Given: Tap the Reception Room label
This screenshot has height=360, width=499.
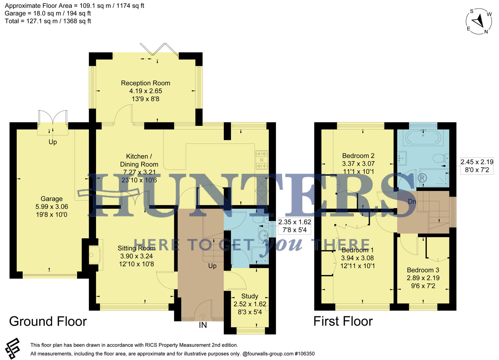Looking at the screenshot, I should (146, 83).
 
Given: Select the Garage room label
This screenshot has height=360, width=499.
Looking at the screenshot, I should (52, 199).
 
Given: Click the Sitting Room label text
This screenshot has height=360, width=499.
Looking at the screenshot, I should (136, 248).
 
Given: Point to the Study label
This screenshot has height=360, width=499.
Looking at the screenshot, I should (249, 296).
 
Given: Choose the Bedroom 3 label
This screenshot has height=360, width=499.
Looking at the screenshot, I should (423, 270).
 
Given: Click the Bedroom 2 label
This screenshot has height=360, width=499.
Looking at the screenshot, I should (358, 156).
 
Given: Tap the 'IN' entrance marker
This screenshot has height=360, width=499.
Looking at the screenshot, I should (203, 325).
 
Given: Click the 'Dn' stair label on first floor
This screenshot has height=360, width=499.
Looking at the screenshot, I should (412, 202).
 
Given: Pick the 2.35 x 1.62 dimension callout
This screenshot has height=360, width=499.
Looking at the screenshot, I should (294, 226).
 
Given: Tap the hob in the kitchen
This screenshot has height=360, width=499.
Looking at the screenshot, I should (261, 160).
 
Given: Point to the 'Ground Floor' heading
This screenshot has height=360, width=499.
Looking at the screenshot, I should (48, 321).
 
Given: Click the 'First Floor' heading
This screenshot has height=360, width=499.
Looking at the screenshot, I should (343, 321).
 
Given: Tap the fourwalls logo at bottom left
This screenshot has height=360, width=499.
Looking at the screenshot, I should (13, 349).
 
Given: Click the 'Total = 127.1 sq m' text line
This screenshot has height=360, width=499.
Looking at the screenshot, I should (48, 21).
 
